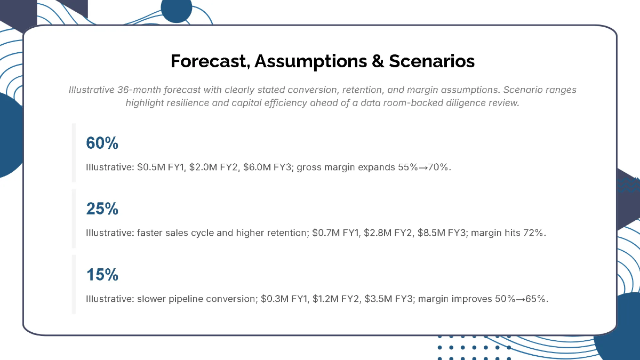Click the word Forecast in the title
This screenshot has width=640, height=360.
(x=210, y=61)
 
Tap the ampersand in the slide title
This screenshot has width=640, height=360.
(x=377, y=61)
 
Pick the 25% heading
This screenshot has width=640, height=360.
(x=102, y=209)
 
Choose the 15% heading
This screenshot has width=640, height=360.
(x=102, y=275)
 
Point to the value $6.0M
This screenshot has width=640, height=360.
(x=255, y=167)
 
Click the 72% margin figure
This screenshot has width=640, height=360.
(x=535, y=233)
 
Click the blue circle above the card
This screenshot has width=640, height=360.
(x=176, y=10)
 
